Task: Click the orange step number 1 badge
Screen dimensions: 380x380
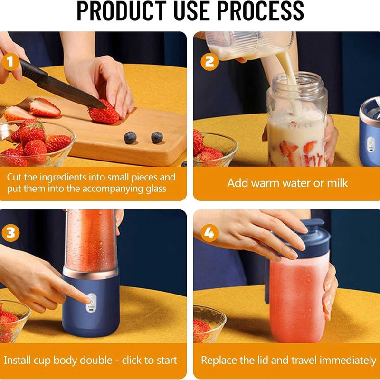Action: click(x=10, y=62)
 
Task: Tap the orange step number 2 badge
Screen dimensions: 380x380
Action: click(x=209, y=62)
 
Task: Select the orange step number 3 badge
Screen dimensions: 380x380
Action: click(x=10, y=233)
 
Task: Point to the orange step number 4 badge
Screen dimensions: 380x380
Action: click(x=209, y=233)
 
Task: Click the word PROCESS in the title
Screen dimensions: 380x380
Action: click(x=260, y=11)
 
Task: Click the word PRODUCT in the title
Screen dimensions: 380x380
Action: click(x=122, y=11)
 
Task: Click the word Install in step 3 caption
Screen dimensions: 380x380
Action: click(x=17, y=360)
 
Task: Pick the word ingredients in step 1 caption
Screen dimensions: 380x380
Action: click(x=63, y=178)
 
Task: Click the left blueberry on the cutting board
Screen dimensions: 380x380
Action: click(x=130, y=138)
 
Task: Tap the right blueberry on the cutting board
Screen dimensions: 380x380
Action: click(x=157, y=138)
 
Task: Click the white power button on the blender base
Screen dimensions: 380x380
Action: click(x=91, y=303)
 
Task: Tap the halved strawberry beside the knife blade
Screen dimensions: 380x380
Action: click(x=44, y=108)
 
